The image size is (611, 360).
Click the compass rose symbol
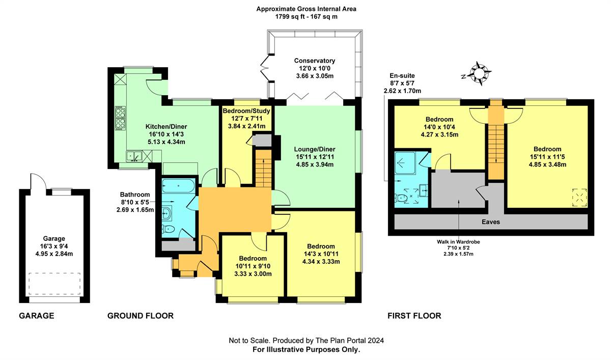(x=479, y=73)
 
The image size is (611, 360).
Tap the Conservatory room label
(x=315, y=61)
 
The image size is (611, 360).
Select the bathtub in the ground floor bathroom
(x=178, y=186)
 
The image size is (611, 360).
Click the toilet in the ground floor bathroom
(x=168, y=229)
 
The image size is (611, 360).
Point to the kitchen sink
(x=134, y=156)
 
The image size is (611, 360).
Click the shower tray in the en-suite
(x=405, y=163)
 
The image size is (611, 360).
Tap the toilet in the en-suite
(x=401, y=198)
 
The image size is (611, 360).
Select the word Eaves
(x=491, y=221)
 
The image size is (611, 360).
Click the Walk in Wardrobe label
(x=458, y=242)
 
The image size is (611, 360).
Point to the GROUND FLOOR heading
(x=141, y=316)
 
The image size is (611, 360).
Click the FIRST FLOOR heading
(x=414, y=316)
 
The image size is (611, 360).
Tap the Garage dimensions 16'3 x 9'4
(x=54, y=246)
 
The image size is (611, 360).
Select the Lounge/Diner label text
(x=315, y=149)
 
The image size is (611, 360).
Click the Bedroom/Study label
(x=246, y=111)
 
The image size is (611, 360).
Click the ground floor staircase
(x=264, y=169)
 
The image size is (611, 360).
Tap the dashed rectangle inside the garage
(x=54, y=284)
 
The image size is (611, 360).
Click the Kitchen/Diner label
(x=166, y=127)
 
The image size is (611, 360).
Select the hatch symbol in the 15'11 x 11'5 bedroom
(x=579, y=197)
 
